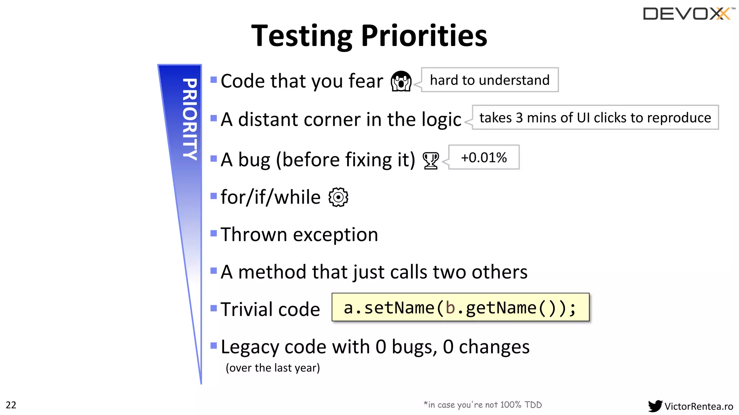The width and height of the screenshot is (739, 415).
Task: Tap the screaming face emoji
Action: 401,81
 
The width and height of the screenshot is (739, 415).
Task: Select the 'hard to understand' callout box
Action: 490,80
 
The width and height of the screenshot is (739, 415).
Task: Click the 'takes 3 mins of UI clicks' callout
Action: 595,117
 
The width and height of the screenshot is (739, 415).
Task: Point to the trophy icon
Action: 430,160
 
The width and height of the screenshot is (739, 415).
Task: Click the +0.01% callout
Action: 484,157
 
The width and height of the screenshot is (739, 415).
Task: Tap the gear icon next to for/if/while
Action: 338,197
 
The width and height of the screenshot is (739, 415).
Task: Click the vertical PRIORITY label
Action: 190,119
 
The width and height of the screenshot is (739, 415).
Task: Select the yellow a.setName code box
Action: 460,307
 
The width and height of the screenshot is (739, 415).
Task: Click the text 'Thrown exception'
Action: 299,235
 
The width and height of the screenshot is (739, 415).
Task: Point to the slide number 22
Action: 11,405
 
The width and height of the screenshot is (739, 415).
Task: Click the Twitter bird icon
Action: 655,406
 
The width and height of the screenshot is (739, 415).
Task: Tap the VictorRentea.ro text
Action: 699,406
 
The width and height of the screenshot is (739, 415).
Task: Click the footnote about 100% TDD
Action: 482,405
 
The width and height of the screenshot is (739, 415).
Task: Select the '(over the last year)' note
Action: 272,368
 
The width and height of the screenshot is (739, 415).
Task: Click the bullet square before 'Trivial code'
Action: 214,308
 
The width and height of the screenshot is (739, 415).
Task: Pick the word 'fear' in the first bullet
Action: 366,81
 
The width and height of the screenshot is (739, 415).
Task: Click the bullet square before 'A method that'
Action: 214,271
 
